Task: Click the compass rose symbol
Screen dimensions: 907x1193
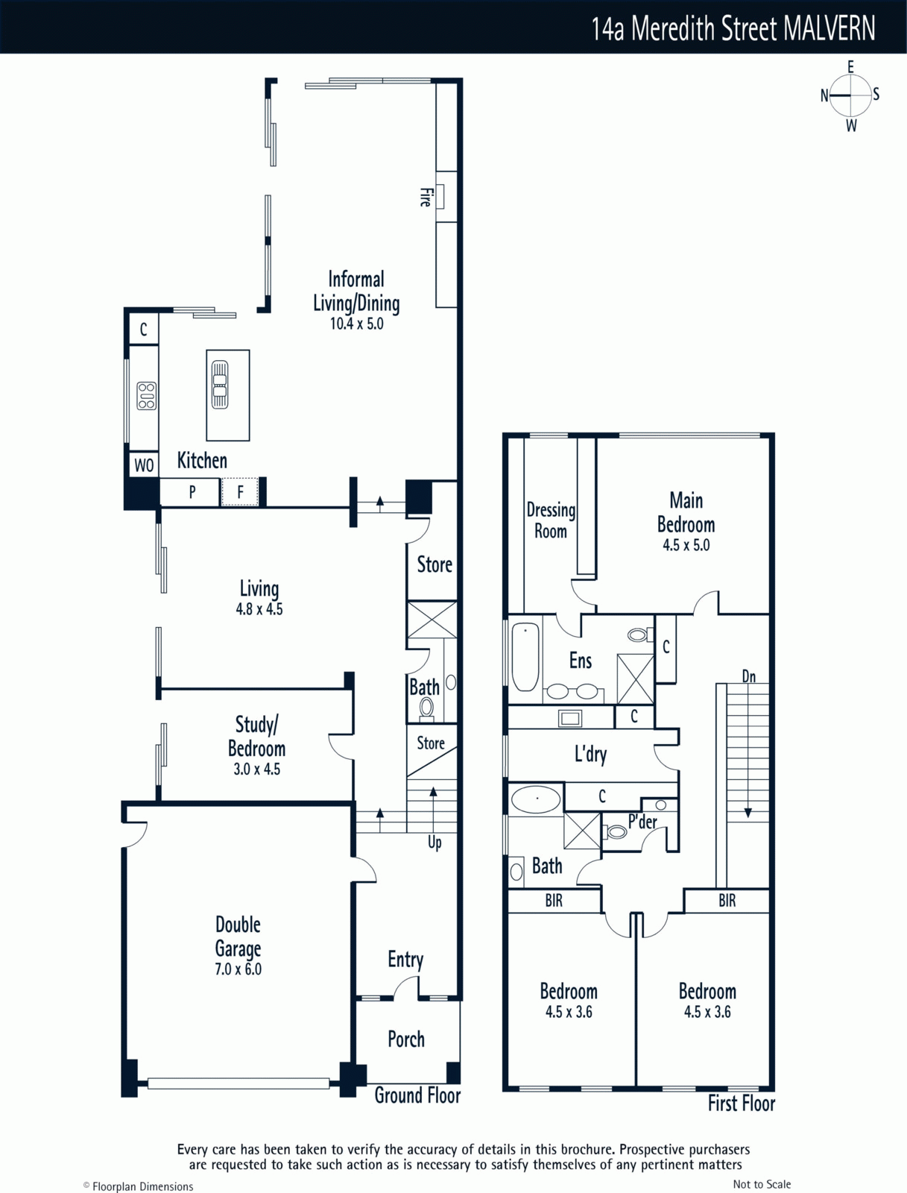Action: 850,95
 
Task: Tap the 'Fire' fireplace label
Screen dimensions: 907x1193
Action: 426,197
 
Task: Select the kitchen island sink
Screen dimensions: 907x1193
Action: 219,384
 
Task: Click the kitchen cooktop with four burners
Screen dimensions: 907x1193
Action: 147,395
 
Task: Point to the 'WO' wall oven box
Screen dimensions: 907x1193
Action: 144,465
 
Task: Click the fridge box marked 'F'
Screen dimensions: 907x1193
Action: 239,492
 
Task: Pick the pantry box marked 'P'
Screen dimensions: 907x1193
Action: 192,492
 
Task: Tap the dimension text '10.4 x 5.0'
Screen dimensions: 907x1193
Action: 357,324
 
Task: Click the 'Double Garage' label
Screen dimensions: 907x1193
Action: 238,936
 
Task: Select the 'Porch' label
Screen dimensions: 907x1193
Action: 406,1039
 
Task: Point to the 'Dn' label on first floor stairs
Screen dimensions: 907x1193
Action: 749,676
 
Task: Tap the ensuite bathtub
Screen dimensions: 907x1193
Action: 525,657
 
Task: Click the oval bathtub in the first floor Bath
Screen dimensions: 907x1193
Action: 536,799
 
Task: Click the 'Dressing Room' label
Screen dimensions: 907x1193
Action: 551,520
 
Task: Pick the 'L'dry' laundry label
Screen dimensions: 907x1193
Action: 590,755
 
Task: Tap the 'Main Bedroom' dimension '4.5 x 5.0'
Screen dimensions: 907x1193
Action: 686,545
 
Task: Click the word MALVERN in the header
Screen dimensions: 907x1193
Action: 829,28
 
